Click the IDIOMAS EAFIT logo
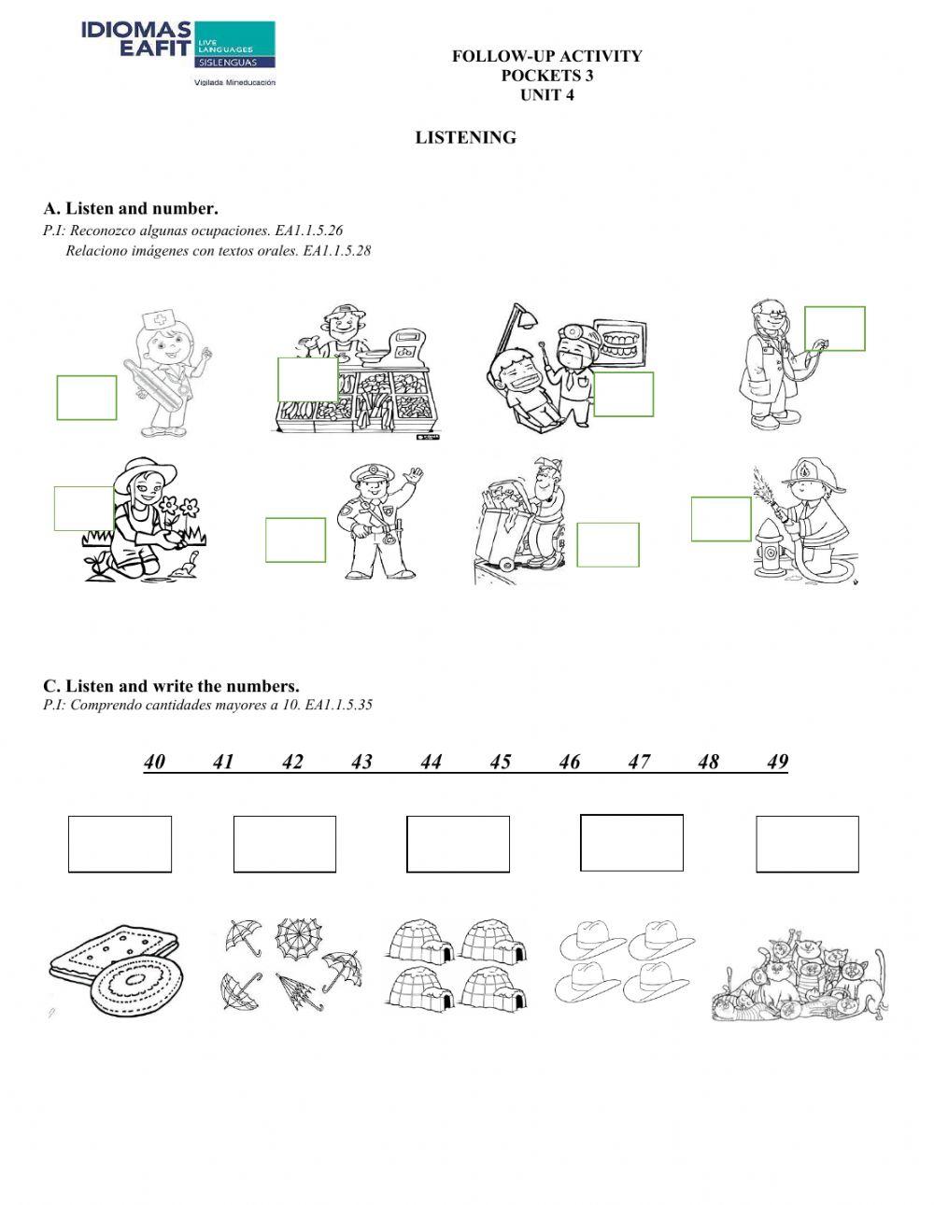coord(177,51)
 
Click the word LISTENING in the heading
coord(465,137)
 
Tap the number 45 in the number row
coord(501,762)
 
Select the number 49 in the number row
coord(777,762)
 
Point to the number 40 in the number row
coord(155,762)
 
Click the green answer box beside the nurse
coord(87,398)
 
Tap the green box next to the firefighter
coord(721,519)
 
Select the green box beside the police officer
coord(295,539)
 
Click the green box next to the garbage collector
coord(608,544)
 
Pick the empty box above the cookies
coord(120,844)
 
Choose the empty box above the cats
coord(807,844)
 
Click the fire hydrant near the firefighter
coord(770,556)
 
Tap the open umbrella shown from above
coord(298,933)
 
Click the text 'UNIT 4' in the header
coord(546,95)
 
